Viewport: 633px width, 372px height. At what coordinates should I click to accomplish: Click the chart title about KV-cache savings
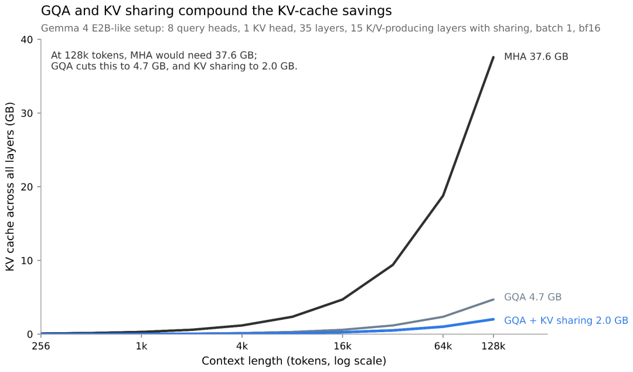[x=216, y=11]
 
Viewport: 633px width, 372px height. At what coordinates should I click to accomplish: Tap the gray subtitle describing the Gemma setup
[x=321, y=28]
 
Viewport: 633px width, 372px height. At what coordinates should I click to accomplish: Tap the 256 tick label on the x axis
[x=41, y=346]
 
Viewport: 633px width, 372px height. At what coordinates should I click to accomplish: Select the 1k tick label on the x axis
[x=141, y=346]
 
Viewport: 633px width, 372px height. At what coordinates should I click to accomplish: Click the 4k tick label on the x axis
[x=242, y=346]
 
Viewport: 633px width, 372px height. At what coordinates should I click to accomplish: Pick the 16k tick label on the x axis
[x=342, y=346]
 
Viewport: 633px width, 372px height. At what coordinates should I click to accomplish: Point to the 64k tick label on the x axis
[x=443, y=346]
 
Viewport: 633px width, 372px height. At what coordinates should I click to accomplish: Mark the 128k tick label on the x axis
[x=494, y=346]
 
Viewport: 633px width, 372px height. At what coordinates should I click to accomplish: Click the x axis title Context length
[x=294, y=361]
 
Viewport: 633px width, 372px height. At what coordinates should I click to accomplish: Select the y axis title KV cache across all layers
[x=10, y=187]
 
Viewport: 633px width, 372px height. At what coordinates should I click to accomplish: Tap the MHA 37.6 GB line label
[x=536, y=56]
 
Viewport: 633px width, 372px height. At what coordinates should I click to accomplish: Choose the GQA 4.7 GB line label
[x=533, y=297]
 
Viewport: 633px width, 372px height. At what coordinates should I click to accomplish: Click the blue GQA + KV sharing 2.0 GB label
[x=566, y=320]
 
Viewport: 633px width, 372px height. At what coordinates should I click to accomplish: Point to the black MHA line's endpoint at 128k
[x=494, y=57]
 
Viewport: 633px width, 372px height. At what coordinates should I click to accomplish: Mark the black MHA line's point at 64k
[x=443, y=196]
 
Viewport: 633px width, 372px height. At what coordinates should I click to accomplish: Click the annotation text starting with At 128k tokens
[x=174, y=60]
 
